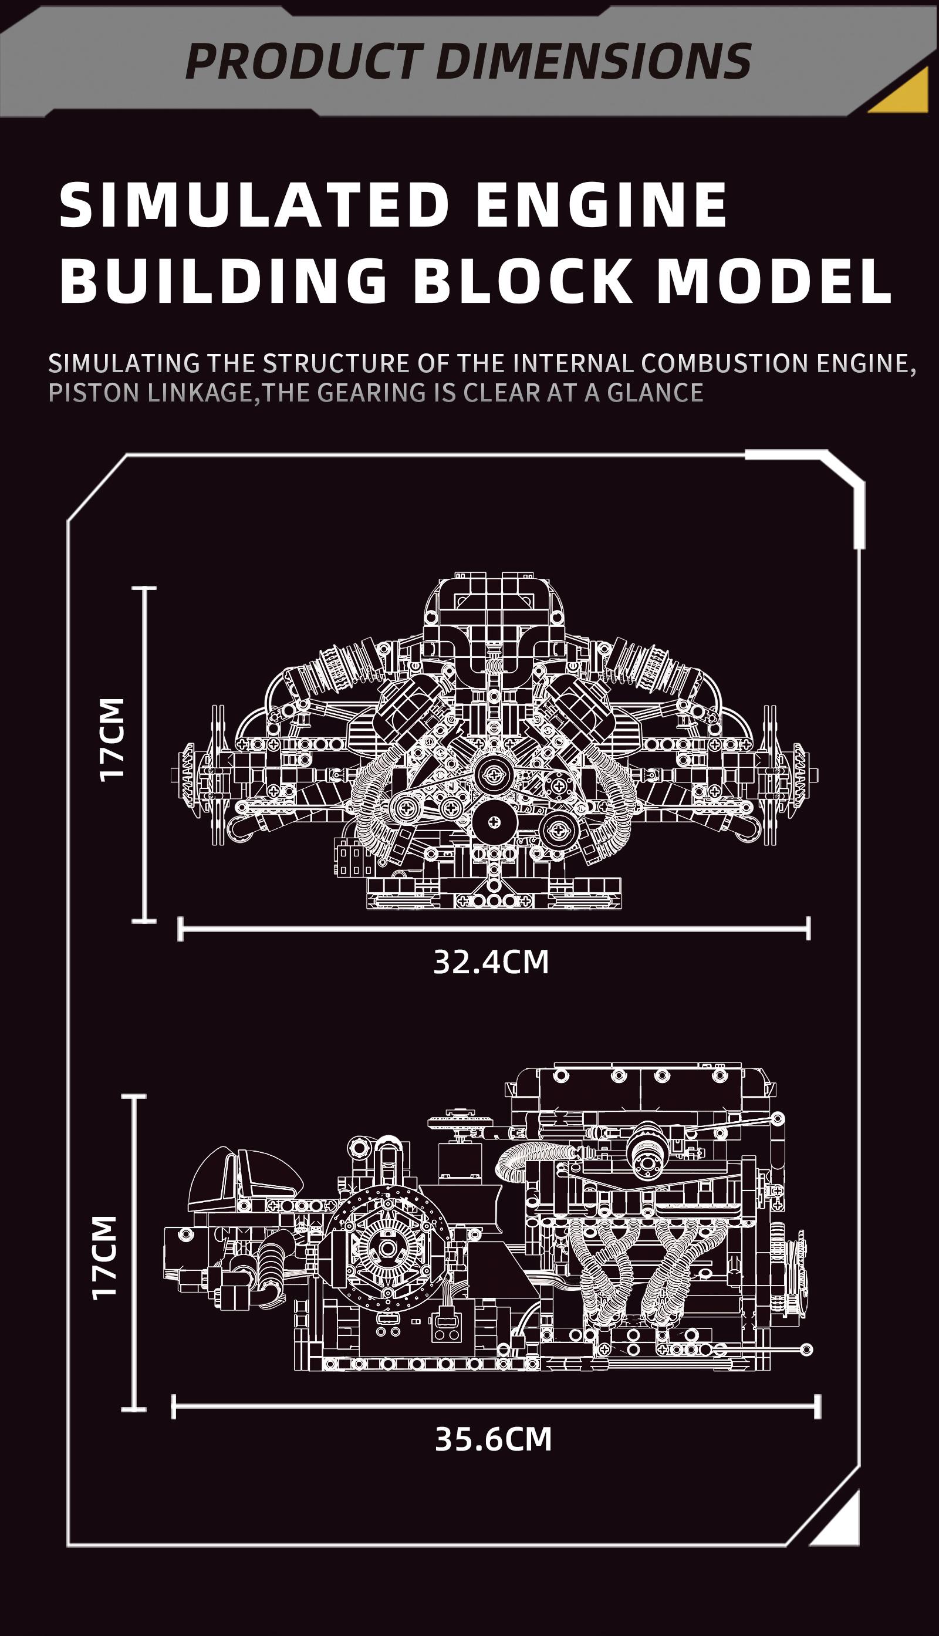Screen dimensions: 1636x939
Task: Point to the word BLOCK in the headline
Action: pos(522,281)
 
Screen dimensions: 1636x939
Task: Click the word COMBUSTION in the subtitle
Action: pos(725,364)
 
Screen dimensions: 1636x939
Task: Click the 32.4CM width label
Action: pos(491,962)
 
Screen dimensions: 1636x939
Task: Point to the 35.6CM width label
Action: pos(494,1440)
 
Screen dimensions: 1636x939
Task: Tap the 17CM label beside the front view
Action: pos(112,740)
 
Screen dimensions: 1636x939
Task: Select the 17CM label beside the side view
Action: pos(104,1257)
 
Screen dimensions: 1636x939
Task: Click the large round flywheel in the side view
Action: pos(386,1249)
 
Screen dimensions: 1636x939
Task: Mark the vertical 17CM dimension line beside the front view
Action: pos(144,754)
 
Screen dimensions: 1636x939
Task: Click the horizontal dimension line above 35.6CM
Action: pos(495,1406)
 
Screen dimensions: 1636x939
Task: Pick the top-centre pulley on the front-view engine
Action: pos(494,773)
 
